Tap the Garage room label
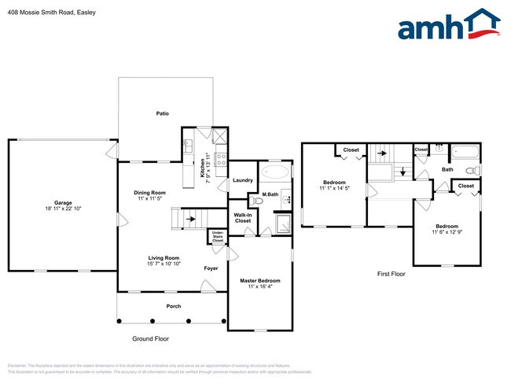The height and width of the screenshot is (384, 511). click(63, 204)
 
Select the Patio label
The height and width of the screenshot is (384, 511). click(162, 113)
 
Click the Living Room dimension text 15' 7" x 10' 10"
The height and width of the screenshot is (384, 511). click(164, 263)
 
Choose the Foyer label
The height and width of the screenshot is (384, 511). click(211, 268)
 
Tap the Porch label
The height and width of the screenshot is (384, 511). click(173, 306)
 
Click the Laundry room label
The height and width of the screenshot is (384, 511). click(243, 180)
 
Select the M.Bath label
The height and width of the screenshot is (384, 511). click(270, 194)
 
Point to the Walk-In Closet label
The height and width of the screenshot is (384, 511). click(243, 217)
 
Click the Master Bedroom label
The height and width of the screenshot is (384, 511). click(259, 280)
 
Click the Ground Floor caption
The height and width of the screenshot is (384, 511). click(150, 338)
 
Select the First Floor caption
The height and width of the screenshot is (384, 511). click(391, 275)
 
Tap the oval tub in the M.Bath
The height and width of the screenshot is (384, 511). click(274, 172)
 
